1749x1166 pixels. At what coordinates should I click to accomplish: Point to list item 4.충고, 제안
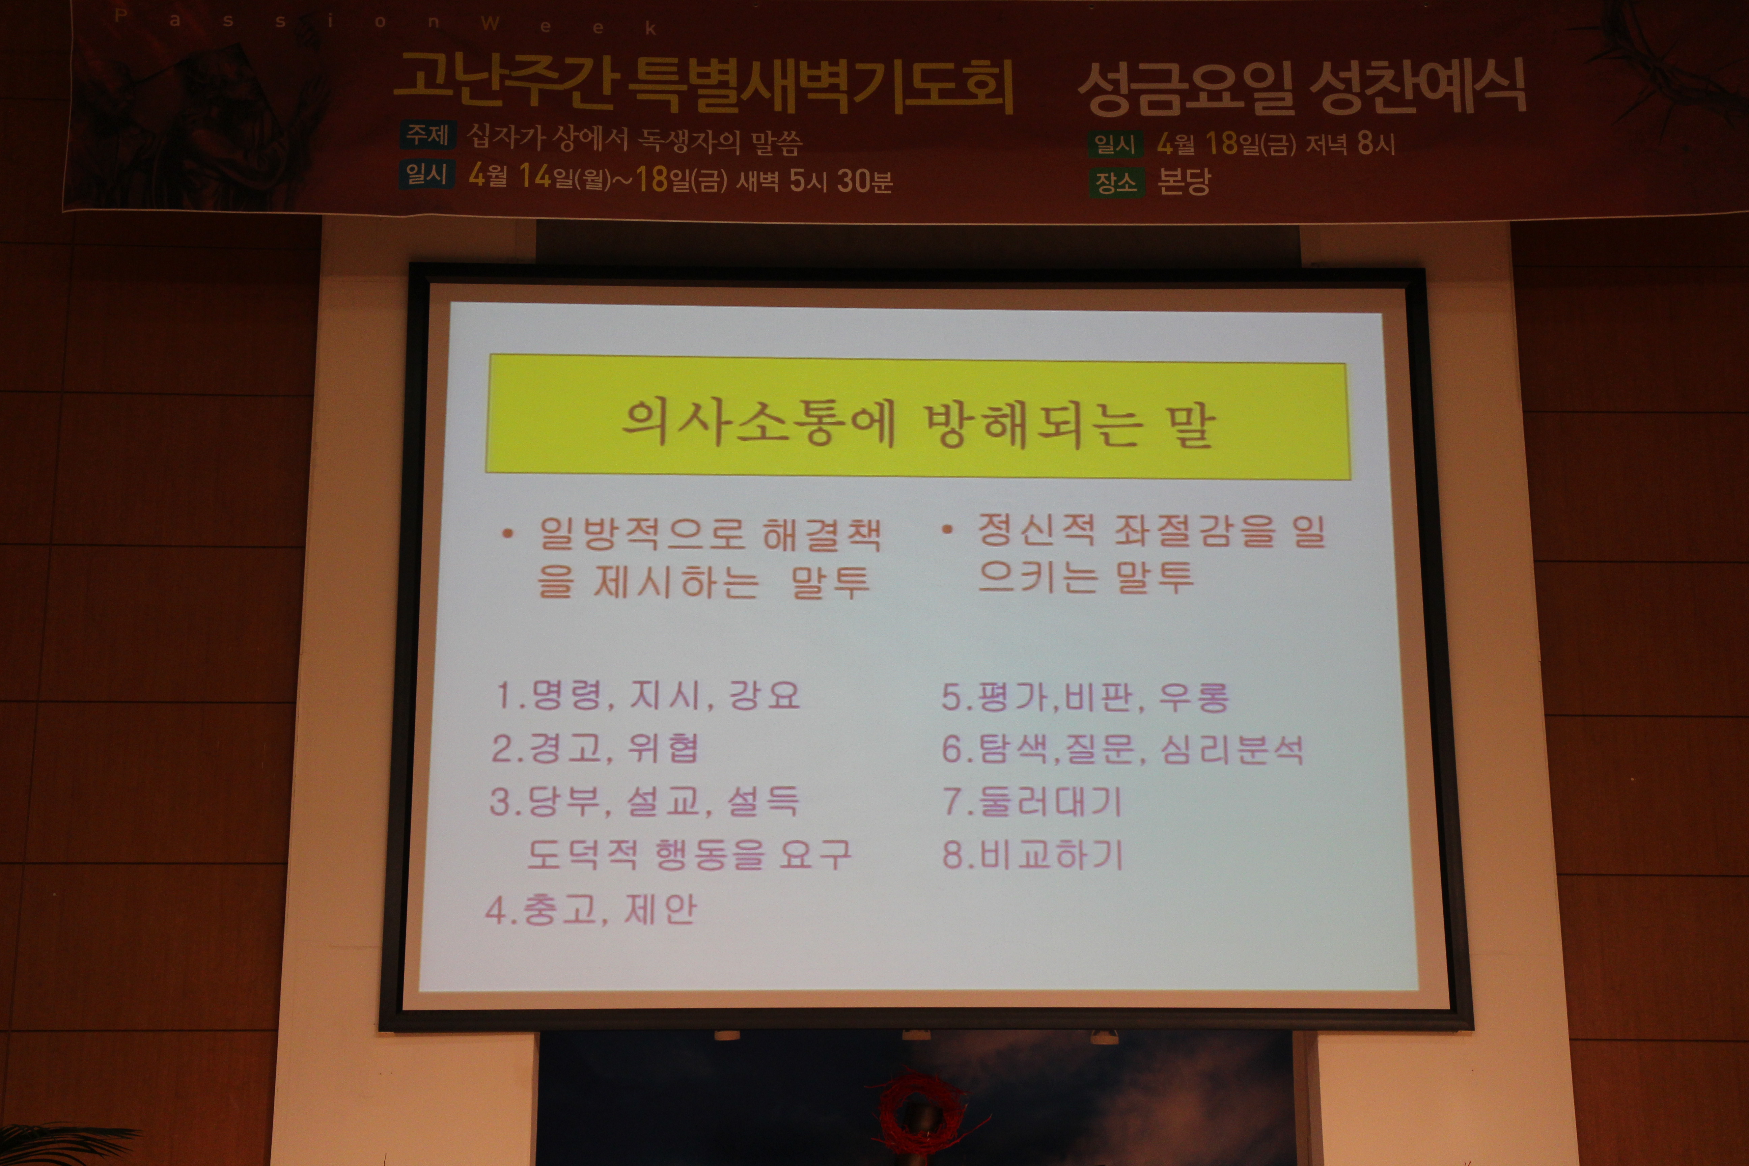pyautogui.click(x=591, y=909)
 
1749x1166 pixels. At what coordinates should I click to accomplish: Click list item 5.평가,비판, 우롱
pyautogui.click(x=1086, y=697)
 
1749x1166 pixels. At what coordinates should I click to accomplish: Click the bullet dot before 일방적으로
pyautogui.click(x=508, y=533)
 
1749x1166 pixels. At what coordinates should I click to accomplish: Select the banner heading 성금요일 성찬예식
pyautogui.click(x=1302, y=88)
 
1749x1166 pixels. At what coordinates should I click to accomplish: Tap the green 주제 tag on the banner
pyautogui.click(x=426, y=135)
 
